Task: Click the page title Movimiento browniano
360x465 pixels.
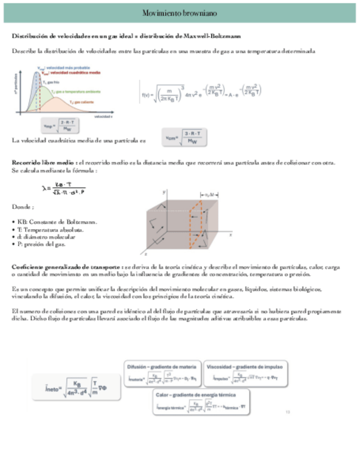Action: pos(179,13)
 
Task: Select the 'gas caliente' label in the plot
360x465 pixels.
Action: pos(82,102)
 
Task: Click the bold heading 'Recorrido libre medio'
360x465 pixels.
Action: pos(43,163)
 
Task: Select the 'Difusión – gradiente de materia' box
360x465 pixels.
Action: pos(162,373)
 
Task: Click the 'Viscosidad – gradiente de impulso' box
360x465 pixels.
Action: pos(240,373)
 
